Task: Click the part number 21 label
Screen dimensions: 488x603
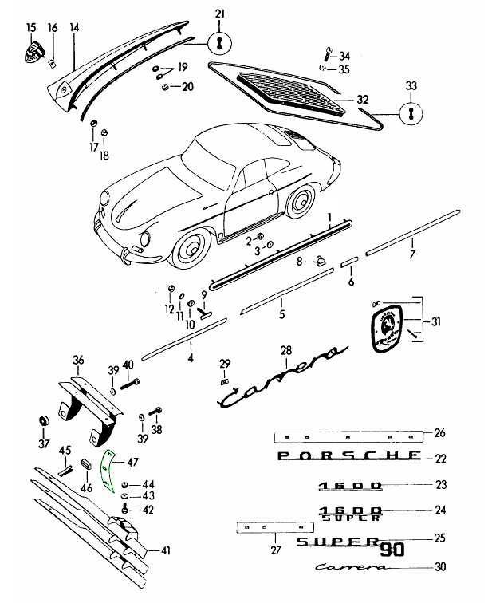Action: pos(219,14)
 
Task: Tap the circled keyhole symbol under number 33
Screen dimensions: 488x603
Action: pos(411,113)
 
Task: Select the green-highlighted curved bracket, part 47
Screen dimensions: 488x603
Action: pos(108,471)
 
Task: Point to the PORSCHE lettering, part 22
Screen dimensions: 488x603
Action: pos(349,455)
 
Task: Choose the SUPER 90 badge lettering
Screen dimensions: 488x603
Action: pos(350,546)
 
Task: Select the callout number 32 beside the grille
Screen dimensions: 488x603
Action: pos(362,100)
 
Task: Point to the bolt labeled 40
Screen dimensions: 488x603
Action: pos(130,384)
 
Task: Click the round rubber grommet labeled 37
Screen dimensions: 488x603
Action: pos(44,420)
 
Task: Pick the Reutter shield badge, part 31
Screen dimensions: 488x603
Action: pos(388,328)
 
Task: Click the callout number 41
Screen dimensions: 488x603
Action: pos(165,550)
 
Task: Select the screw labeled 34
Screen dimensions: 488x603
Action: pos(328,53)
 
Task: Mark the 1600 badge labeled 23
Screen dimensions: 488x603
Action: pos(350,486)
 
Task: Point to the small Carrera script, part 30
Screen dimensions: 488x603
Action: pos(352,566)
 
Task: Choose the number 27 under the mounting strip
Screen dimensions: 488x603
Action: pos(276,550)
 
